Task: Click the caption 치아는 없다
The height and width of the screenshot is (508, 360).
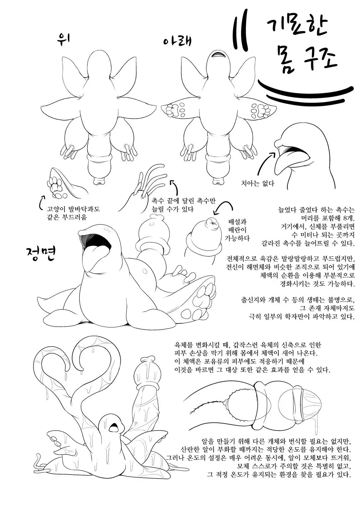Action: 257,183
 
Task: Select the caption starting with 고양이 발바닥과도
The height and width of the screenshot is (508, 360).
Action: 73,213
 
